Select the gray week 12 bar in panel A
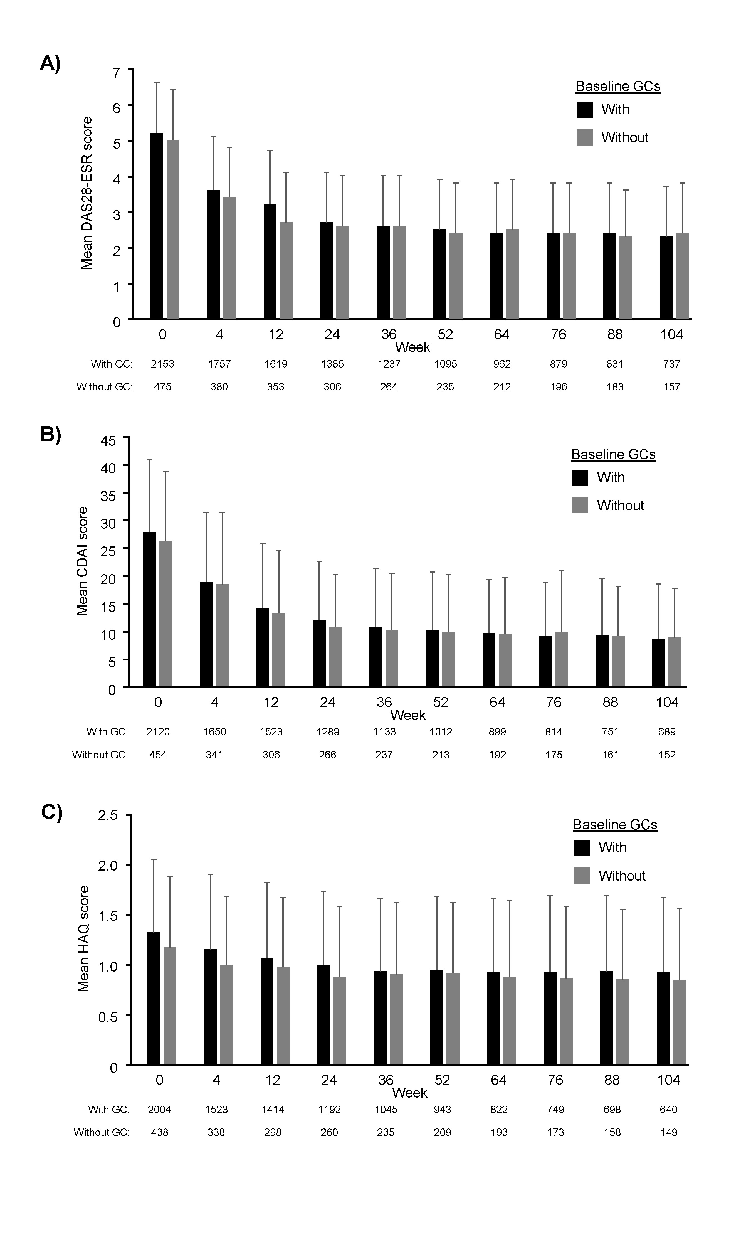point(286,271)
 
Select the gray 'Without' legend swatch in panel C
point(581,876)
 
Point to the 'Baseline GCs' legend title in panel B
point(613,454)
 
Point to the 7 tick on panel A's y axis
point(117,72)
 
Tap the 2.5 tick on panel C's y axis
point(107,815)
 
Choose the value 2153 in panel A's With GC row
point(162,364)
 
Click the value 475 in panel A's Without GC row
point(162,387)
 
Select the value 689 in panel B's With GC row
point(667,732)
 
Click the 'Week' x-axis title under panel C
point(409,1093)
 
